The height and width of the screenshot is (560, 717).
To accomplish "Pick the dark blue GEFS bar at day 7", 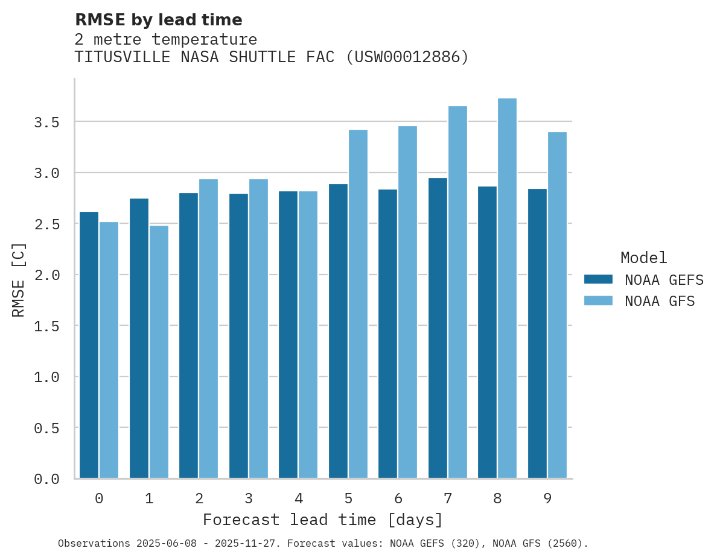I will (x=438, y=328).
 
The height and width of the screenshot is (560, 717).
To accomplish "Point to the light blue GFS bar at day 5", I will (x=358, y=304).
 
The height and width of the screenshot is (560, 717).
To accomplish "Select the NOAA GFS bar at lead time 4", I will (x=308, y=335).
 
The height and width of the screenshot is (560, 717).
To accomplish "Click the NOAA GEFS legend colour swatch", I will (x=598, y=279).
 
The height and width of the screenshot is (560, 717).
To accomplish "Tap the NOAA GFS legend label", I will (x=660, y=301).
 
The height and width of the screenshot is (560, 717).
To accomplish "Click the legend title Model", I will (x=643, y=258).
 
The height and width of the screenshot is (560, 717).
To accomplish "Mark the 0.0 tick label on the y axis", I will (x=46, y=479).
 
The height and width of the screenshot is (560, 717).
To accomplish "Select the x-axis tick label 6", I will (x=398, y=498).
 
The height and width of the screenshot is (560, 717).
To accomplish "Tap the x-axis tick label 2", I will (x=199, y=498).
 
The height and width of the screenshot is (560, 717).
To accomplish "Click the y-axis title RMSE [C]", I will (x=19, y=279).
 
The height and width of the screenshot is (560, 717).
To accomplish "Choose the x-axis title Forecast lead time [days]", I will (x=323, y=520).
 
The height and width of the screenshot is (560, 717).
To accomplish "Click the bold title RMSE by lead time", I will (x=158, y=20).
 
